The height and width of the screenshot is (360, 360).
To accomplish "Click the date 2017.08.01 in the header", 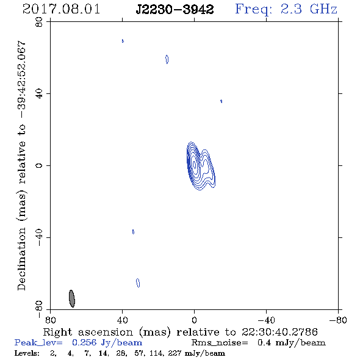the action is (x=61, y=9).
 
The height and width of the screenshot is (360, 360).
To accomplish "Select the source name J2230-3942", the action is (x=175, y=10).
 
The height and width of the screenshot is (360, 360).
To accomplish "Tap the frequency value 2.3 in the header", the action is (x=291, y=9).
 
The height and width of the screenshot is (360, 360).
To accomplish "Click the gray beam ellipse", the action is (x=72, y=298).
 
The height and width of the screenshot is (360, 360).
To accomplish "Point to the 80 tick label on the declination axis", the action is (x=39, y=22).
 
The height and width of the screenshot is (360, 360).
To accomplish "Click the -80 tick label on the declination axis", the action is (x=39, y=308).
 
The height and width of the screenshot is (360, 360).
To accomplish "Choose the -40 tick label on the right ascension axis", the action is (x=266, y=320).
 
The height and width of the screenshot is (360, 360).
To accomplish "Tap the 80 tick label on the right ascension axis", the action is (x=50, y=320).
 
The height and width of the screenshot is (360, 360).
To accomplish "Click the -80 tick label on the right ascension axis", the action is (x=338, y=320).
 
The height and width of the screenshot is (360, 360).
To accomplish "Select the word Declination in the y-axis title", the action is (x=21, y=259).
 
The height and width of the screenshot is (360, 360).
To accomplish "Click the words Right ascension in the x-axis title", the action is (x=88, y=332).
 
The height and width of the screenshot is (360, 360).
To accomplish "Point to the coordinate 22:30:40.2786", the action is (x=279, y=332).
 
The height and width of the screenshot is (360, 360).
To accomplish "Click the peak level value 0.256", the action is (x=84, y=342).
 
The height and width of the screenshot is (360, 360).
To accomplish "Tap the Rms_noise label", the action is (x=220, y=343).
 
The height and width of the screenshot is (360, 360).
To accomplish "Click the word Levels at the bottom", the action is (x=27, y=353).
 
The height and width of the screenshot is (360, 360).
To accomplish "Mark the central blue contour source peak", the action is (x=195, y=164).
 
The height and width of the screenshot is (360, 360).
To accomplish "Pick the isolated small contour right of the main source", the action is (x=221, y=101).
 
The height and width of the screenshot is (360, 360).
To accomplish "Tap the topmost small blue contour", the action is (x=123, y=41).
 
